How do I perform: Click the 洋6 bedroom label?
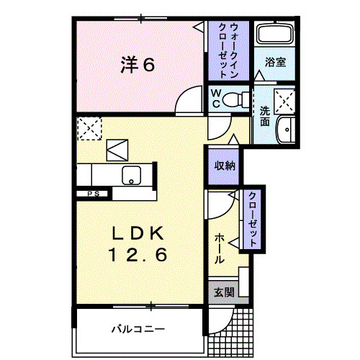click(138, 65)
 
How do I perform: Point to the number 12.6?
click(138, 254)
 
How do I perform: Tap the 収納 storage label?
click(223, 165)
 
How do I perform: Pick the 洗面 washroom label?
click(264, 116)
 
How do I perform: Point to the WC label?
click(215, 99)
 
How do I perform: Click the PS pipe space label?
click(93, 193)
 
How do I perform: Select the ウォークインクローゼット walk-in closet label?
click(228, 50)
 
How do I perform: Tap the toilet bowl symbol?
click(233, 99)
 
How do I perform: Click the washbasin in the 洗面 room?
click(287, 129)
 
